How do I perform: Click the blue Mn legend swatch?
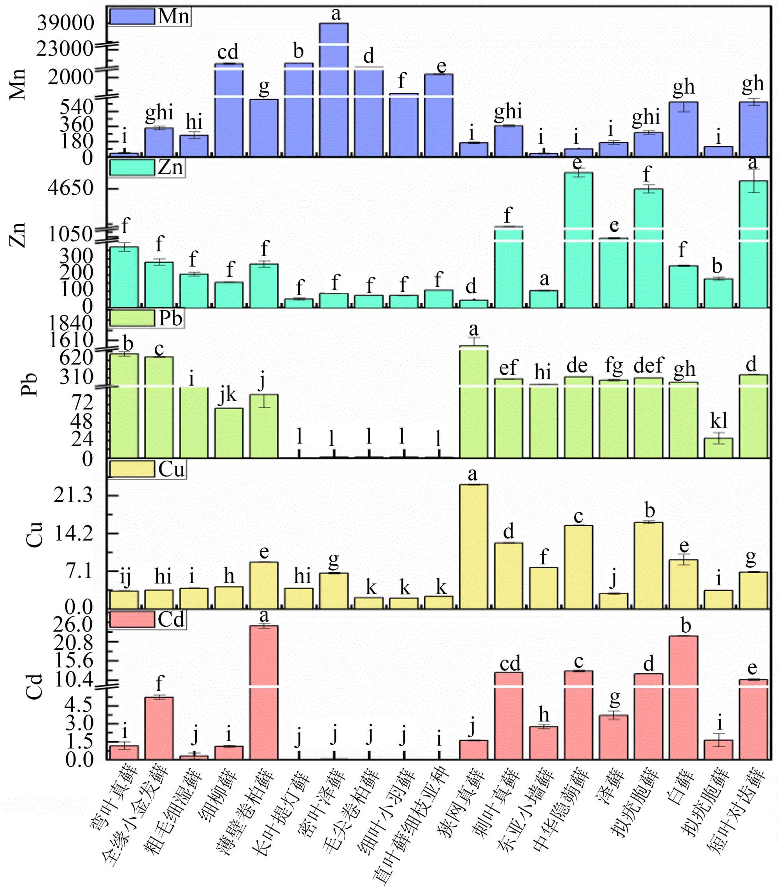coord(132,16)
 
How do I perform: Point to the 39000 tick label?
coord(65,23)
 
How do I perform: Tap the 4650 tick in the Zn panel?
coord(71,188)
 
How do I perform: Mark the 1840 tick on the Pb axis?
coord(71,323)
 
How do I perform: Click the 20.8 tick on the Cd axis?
coord(74,643)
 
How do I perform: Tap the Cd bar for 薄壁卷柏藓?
coord(264,691)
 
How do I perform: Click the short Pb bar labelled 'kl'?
coord(718,448)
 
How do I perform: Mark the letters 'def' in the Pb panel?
coord(648,366)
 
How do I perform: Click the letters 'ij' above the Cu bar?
coord(125,577)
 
